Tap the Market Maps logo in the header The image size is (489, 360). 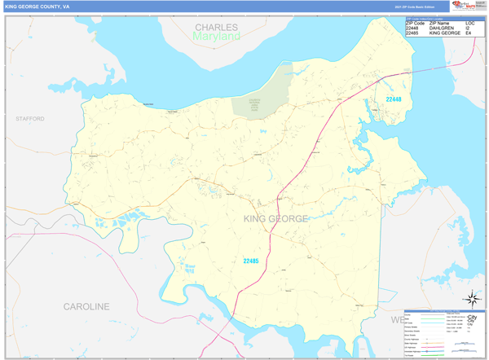(465, 7)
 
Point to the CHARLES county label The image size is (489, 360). (216, 28)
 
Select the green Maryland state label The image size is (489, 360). (216, 37)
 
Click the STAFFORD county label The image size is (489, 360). (29, 119)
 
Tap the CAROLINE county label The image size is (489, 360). (86, 306)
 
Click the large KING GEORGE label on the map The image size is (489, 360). (275, 218)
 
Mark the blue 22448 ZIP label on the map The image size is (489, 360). (394, 99)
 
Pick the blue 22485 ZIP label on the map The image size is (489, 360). (251, 261)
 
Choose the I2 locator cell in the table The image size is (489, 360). (469, 28)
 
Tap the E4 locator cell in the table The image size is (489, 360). (469, 33)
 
